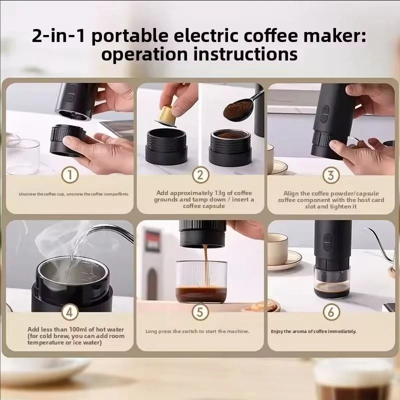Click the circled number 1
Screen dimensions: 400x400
[69, 175]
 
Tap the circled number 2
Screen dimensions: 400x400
[200, 175]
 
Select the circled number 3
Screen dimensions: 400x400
[331, 175]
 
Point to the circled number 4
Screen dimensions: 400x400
[69, 312]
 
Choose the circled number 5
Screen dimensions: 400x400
[200, 312]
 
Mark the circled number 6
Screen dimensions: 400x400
[331, 312]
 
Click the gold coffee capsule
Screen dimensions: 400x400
[166, 116]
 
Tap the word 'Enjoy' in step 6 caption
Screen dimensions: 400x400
[276, 331]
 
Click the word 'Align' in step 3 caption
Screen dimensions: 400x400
[291, 193]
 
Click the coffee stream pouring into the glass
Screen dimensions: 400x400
[205, 265]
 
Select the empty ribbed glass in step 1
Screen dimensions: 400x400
[23, 156]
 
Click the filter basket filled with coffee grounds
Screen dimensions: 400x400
[230, 148]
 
